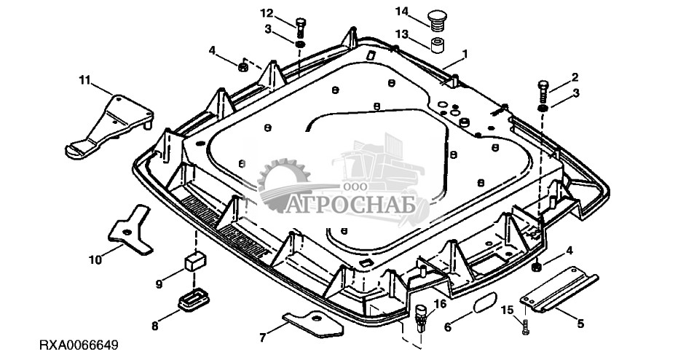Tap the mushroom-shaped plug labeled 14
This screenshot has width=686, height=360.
[x=437, y=17]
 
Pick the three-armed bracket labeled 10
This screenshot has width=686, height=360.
[x=129, y=227]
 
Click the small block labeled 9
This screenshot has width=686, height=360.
[x=195, y=261]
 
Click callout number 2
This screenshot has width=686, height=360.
[x=575, y=76]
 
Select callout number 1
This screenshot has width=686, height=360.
[x=465, y=53]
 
